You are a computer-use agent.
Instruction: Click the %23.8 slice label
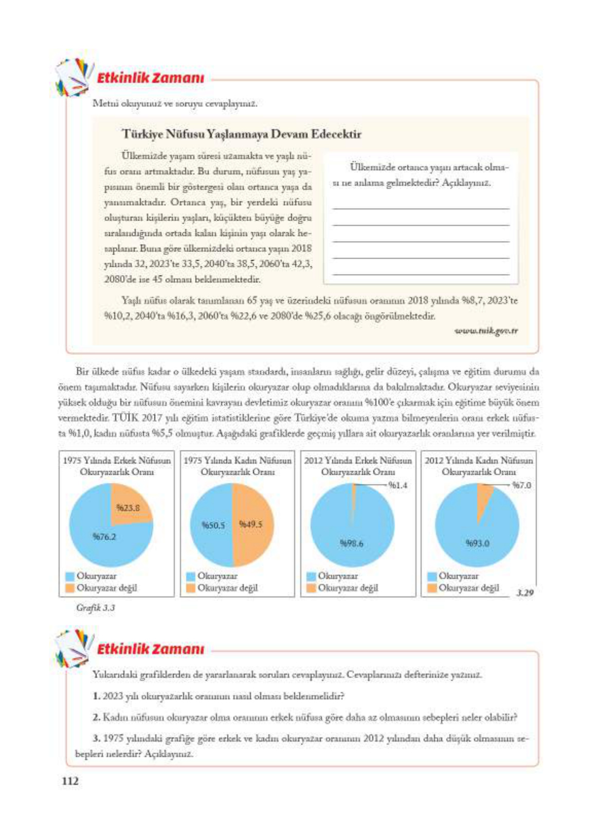(128, 508)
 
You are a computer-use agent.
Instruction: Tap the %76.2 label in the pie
(104, 536)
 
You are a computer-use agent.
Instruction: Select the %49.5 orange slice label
(250, 524)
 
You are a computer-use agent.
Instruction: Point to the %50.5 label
(213, 525)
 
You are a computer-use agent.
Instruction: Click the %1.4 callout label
(397, 485)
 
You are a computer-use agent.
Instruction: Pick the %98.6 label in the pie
(352, 543)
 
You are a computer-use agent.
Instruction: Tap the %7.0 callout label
(521, 485)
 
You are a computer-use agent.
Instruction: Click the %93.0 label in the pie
(478, 543)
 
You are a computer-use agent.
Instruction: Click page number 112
(70, 781)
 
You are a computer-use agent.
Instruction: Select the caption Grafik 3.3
(95, 607)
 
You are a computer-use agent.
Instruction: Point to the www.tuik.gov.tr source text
(486, 331)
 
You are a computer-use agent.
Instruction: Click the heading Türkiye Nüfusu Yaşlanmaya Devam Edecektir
(241, 134)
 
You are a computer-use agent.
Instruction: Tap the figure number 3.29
(524, 592)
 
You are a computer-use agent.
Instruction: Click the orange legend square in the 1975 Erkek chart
(70, 588)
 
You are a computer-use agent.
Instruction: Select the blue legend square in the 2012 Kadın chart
(432, 576)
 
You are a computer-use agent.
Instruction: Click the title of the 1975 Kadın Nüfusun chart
(238, 466)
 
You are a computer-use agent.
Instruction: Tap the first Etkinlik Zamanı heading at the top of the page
(150, 78)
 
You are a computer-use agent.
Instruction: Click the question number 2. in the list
(97, 717)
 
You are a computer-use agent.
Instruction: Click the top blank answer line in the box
(421, 208)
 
